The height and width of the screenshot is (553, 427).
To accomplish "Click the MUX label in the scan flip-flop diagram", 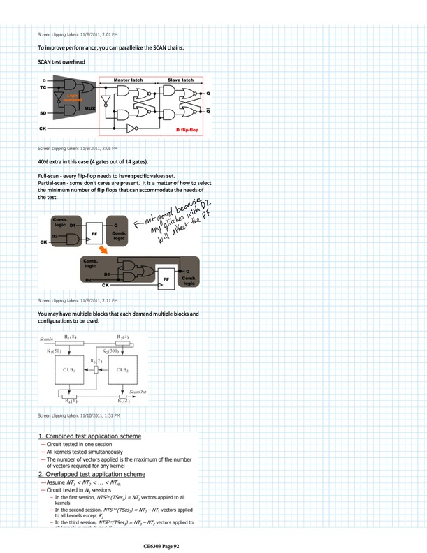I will coord(89,109).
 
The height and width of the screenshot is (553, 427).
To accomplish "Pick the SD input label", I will coord(43,113).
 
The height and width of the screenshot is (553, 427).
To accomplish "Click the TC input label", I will coord(43,87).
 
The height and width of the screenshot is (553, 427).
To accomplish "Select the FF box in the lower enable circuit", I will coord(166,277).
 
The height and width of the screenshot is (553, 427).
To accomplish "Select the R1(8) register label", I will coord(71,338).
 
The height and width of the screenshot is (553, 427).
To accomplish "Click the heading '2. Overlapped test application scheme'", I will coord(91,474).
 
